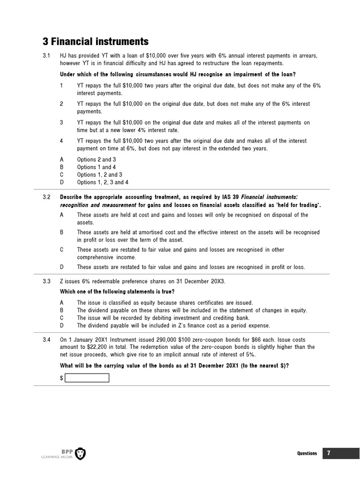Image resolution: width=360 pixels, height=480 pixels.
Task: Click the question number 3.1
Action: pyautogui.click(x=46, y=56)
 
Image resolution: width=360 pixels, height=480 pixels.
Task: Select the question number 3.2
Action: pyautogui.click(x=46, y=198)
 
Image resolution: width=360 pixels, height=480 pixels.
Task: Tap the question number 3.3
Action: pyautogui.click(x=46, y=281)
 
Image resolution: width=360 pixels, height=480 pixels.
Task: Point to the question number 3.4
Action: pyautogui.click(x=46, y=339)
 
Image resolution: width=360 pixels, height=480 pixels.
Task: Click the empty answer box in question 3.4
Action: pyautogui.click(x=87, y=378)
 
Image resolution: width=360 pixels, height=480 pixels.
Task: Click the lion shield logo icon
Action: pyautogui.click(x=80, y=453)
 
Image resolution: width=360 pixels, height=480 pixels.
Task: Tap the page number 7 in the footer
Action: pyautogui.click(x=329, y=453)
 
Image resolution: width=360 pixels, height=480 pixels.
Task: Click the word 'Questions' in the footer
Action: pyautogui.click(x=307, y=453)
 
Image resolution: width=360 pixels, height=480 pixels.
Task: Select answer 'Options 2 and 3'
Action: pyautogui.click(x=97, y=159)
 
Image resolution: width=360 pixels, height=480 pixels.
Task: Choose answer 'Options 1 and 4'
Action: pyautogui.click(x=97, y=167)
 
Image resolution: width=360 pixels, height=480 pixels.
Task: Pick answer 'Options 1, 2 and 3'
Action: pyautogui.click(x=99, y=174)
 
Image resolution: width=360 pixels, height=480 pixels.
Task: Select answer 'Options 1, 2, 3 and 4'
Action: pyautogui.click(x=103, y=182)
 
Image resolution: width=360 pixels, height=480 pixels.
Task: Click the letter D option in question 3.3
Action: pyautogui.click(x=62, y=325)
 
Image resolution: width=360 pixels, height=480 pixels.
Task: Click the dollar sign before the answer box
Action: pyautogui.click(x=62, y=378)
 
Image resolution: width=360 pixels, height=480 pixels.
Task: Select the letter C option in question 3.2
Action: pyautogui.click(x=62, y=250)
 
